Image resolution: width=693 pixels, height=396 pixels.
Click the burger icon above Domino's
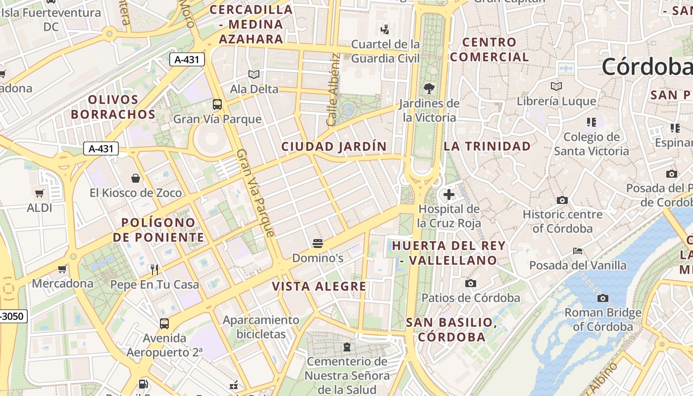(318, 244)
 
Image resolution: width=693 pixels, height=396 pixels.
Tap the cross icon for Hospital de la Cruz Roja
(449, 195)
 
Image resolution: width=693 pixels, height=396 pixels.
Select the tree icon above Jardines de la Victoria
(429, 89)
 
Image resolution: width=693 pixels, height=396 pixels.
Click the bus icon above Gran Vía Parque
(217, 104)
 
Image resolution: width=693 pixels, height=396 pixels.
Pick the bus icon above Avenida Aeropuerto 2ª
(164, 324)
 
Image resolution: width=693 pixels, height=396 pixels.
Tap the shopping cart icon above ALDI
(40, 193)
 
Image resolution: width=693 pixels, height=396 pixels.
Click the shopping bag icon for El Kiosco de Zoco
(136, 178)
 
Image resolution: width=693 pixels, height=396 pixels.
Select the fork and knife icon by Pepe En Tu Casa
(154, 270)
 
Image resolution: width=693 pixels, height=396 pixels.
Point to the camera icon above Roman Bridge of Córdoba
(603, 298)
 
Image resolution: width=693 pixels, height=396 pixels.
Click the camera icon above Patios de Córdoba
(471, 284)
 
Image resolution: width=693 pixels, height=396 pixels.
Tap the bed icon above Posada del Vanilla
(578, 251)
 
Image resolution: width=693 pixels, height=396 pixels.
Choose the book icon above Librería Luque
(556, 87)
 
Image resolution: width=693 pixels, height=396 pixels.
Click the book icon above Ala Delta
(254, 75)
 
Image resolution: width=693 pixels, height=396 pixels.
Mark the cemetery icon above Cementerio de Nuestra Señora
(346, 347)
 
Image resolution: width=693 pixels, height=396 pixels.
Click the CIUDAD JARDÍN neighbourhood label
(334, 147)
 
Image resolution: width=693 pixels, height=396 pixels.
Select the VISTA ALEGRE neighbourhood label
(319, 286)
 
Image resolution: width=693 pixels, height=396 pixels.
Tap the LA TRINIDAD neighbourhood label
(487, 146)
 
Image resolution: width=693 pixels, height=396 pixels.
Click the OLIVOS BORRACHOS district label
(113, 107)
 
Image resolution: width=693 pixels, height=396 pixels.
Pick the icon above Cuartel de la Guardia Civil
(385, 29)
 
